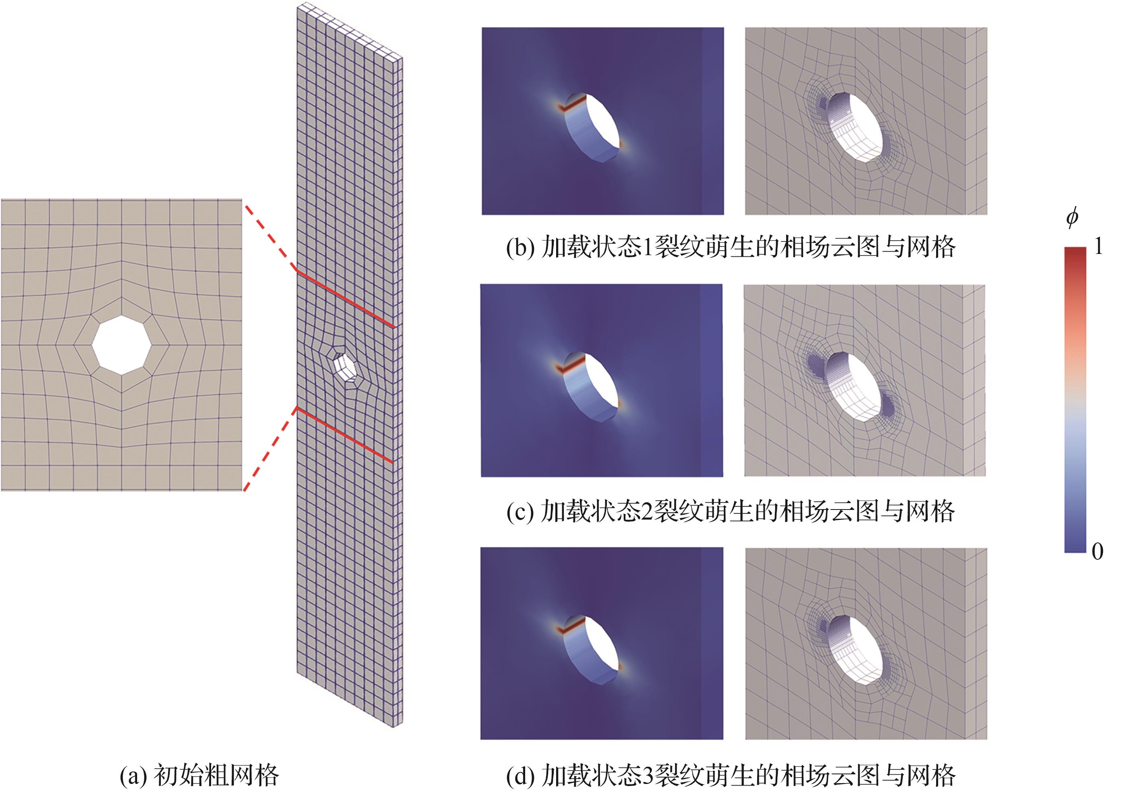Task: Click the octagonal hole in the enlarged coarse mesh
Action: pos(122,344)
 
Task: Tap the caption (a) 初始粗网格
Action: pos(199,775)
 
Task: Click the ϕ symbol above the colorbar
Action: pos(1072,217)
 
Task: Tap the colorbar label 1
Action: pos(1099,246)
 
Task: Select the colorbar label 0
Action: pos(1098,551)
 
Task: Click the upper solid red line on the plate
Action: pos(345,299)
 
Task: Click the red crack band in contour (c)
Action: pos(569,364)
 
